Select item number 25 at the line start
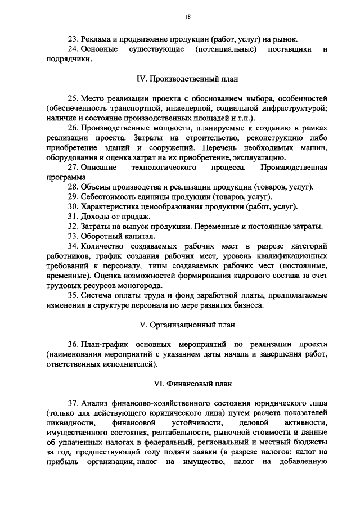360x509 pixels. point(73,98)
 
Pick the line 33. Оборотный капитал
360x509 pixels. point(111,236)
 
